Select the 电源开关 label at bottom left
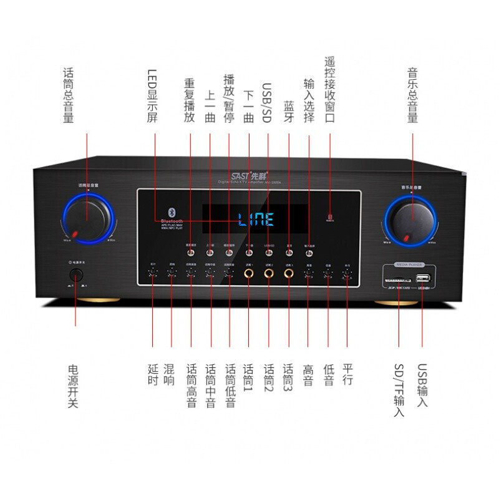(74, 387)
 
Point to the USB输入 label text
(423, 385)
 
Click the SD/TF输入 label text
(399, 390)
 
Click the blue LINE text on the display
(256, 220)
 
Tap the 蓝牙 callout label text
(288, 112)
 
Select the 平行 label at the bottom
(348, 374)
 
